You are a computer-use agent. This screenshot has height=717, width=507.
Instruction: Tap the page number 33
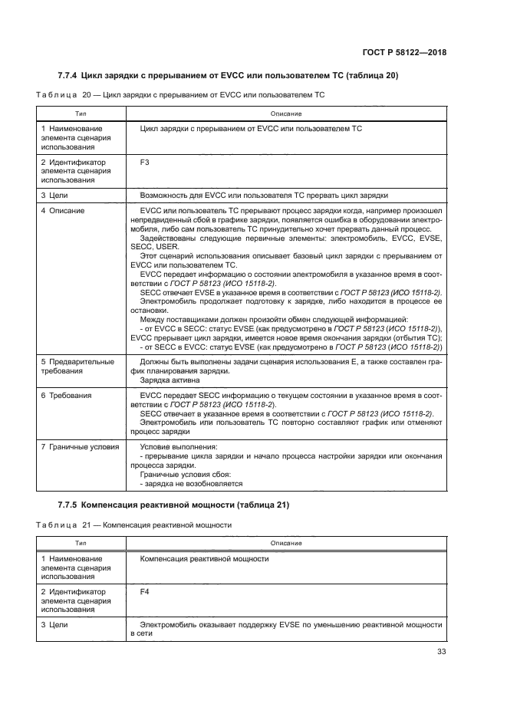(x=440, y=652)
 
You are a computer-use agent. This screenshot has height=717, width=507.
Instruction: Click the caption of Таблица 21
(x=133, y=525)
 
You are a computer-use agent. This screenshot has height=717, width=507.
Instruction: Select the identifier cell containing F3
(x=145, y=163)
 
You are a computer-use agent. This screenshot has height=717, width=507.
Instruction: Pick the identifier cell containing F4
(x=145, y=593)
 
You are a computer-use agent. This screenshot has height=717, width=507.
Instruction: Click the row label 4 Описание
(x=63, y=210)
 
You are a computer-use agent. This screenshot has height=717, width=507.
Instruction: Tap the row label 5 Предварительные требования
(x=77, y=367)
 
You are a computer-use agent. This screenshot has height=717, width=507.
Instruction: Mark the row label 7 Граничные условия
(x=80, y=446)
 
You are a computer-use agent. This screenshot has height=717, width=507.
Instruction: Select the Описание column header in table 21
(x=287, y=543)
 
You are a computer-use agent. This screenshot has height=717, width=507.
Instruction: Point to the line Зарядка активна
(x=170, y=380)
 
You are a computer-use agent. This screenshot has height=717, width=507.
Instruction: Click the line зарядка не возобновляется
(x=191, y=484)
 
